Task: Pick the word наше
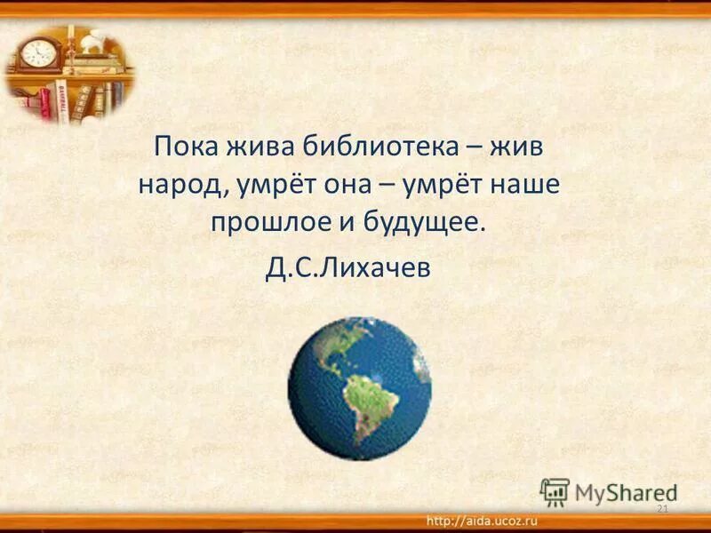pos(534,185)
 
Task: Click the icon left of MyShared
pos(555,491)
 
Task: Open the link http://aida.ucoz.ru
pos(482,520)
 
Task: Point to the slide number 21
pos(660,507)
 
